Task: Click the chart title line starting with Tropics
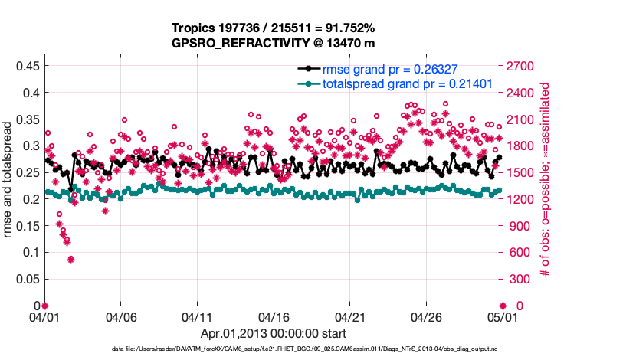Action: [274, 28]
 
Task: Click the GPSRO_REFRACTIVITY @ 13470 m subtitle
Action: [274, 43]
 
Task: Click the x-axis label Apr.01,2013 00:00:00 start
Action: [274, 333]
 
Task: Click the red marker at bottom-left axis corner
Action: [44, 306]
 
